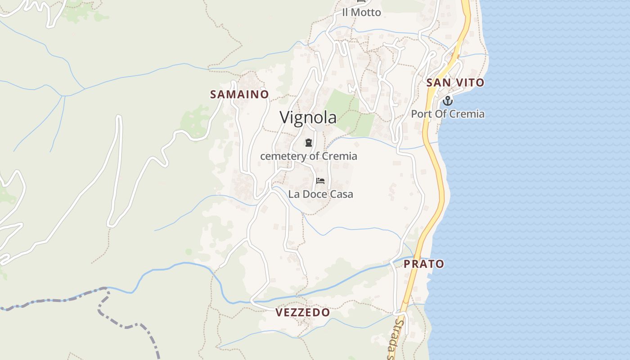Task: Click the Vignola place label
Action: tap(308, 117)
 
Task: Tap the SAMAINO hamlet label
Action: tap(239, 94)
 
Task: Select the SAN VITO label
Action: tap(455, 83)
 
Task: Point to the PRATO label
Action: tap(424, 264)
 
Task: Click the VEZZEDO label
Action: tap(302, 312)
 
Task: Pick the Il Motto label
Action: tap(361, 13)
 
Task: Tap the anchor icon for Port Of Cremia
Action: tap(448, 100)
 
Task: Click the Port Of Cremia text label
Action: tap(448, 114)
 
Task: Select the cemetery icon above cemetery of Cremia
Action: tap(308, 143)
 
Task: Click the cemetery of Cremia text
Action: tap(309, 156)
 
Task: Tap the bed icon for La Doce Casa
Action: tap(320, 181)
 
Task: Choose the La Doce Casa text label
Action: tap(320, 194)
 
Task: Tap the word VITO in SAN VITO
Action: tap(469, 83)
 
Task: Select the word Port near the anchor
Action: tap(421, 114)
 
